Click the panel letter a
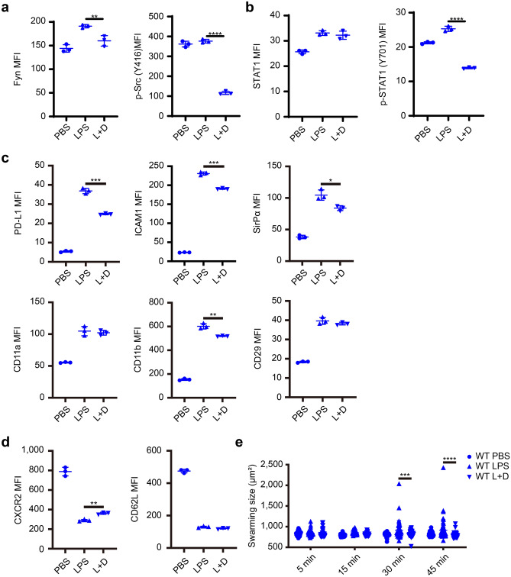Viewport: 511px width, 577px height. (7, 7)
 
